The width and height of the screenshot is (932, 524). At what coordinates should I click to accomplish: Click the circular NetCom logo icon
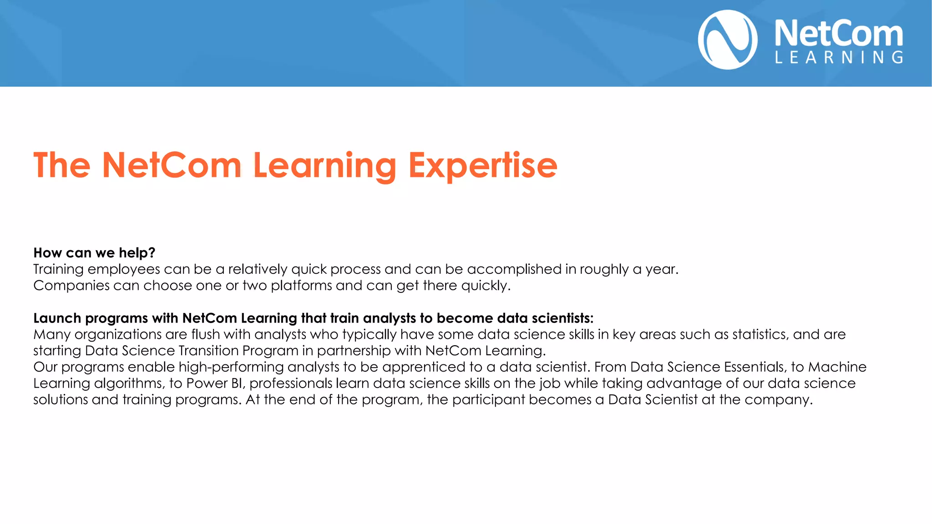728,40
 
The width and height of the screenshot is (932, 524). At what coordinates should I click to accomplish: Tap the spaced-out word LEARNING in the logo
839,58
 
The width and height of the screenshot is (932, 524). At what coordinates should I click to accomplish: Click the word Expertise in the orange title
482,166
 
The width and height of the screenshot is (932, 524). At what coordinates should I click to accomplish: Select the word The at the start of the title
62,166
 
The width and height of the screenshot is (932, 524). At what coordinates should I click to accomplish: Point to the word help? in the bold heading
137,253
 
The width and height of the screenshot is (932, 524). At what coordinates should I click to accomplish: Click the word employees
123,269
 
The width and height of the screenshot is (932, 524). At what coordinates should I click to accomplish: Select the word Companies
71,286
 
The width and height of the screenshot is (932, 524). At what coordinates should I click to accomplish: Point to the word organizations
118,335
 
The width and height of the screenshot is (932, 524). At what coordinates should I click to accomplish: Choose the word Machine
837,367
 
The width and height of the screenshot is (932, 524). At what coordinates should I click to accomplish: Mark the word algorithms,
129,383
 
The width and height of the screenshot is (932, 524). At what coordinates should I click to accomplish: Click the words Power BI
216,383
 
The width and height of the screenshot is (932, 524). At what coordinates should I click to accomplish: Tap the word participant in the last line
488,400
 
